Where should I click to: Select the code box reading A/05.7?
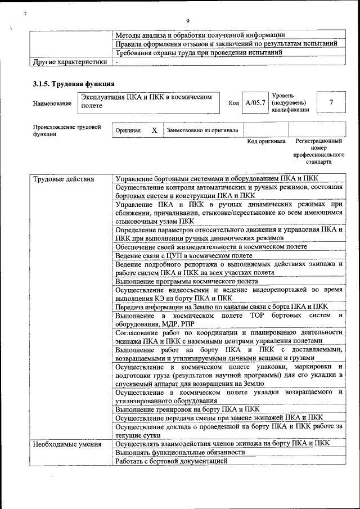pos(255,103)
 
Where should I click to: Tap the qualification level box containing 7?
pos(331,102)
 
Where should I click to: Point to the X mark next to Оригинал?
pos(154,130)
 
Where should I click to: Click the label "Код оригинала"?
pos(266,141)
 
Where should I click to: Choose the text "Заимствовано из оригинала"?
pos(202,130)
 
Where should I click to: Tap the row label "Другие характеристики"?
pos(69,61)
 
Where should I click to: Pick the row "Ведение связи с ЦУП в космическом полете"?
pos(184,255)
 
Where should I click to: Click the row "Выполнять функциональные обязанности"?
pos(181,453)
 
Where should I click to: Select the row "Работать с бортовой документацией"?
pos(172,461)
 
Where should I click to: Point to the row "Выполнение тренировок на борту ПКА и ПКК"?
pos(187,409)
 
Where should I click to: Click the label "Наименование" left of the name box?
pos(52,103)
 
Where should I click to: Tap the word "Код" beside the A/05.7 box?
pos(233,103)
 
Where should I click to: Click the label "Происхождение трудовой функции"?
pos(66,130)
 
